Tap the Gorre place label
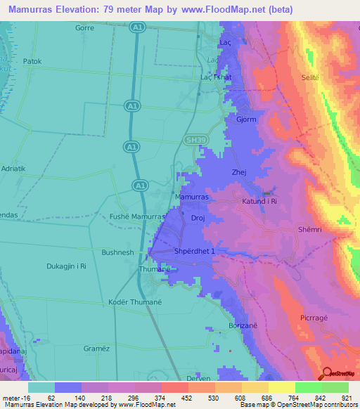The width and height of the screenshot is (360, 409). click(x=84, y=28)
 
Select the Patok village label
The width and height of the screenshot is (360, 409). click(x=32, y=61)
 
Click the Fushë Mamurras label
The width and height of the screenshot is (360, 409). click(x=137, y=217)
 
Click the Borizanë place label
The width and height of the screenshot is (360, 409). click(x=245, y=326)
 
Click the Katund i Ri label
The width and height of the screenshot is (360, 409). click(x=263, y=202)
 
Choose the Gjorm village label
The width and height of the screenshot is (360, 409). click(x=246, y=119)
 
